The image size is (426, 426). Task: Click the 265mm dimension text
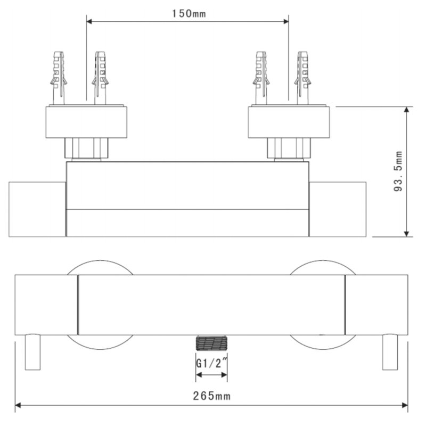coord(211,396)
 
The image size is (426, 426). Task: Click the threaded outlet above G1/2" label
coord(211,342)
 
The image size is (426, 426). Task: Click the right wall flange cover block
coord(288,122)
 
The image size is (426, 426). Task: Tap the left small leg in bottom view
coord(33,351)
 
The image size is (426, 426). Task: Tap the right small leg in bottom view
coord(390,351)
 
